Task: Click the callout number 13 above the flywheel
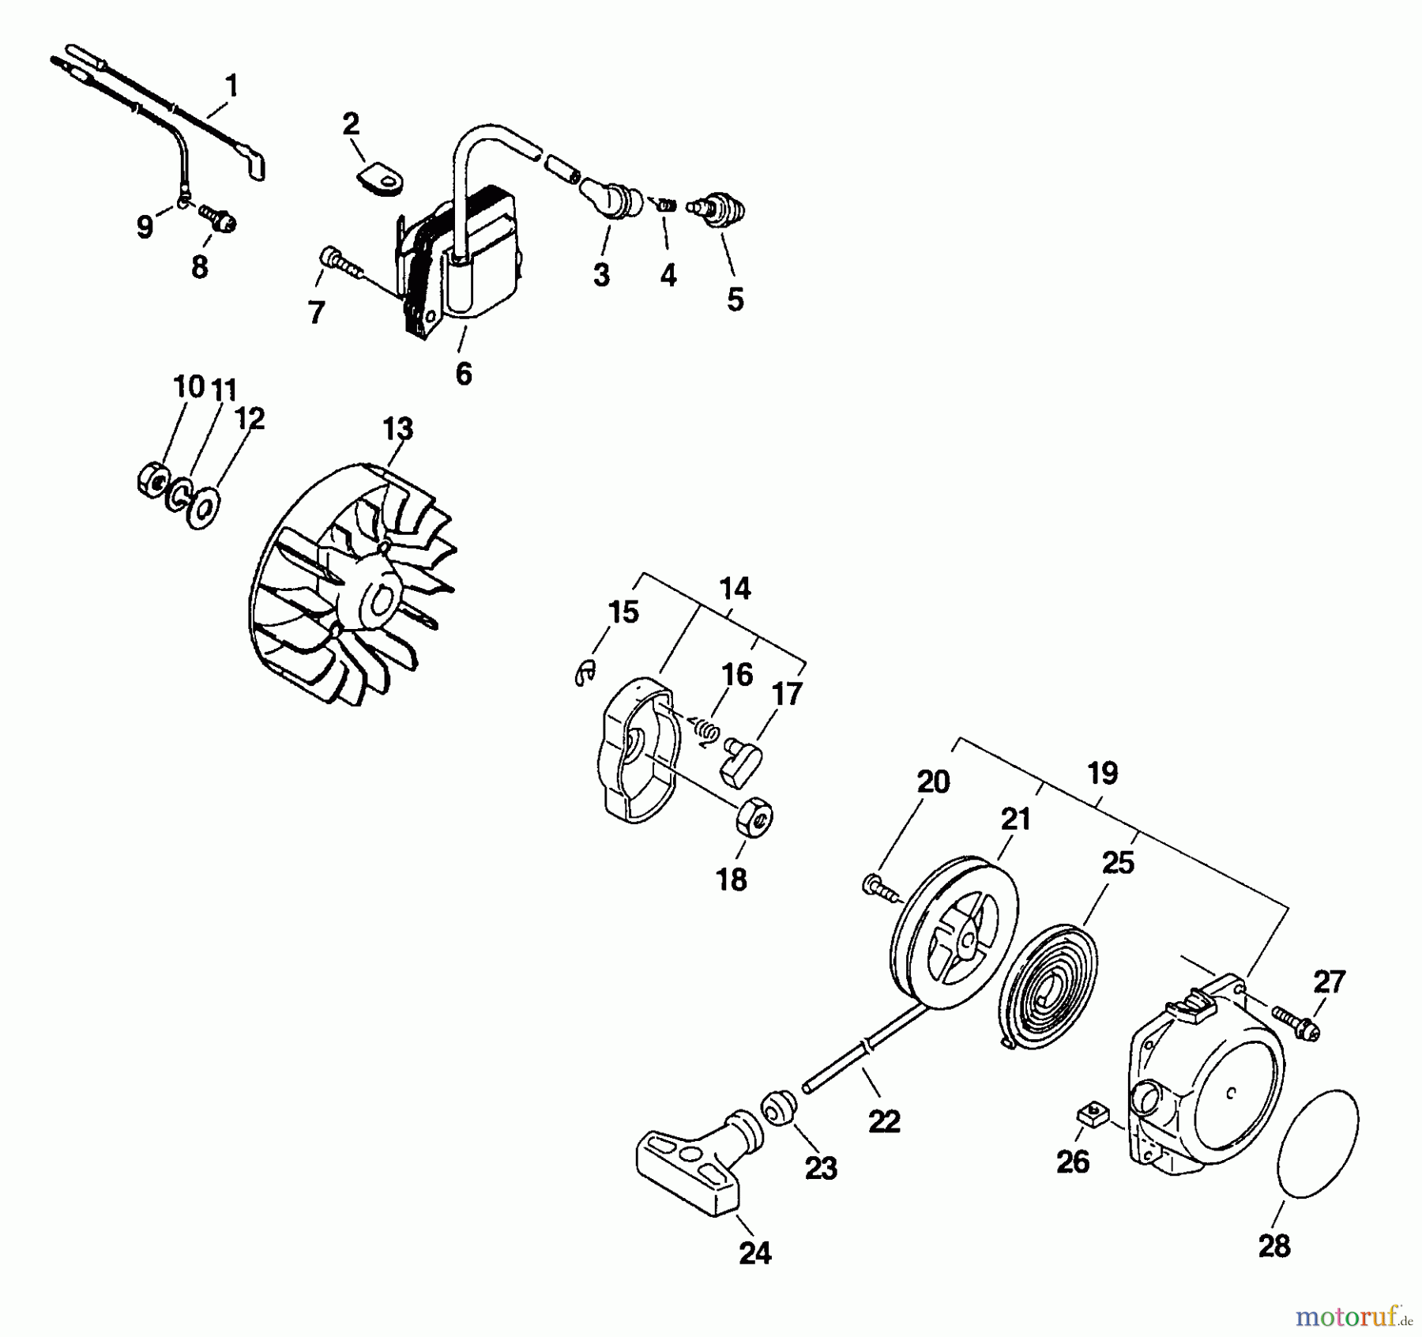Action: click(x=397, y=429)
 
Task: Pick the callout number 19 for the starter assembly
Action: click(x=1102, y=773)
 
